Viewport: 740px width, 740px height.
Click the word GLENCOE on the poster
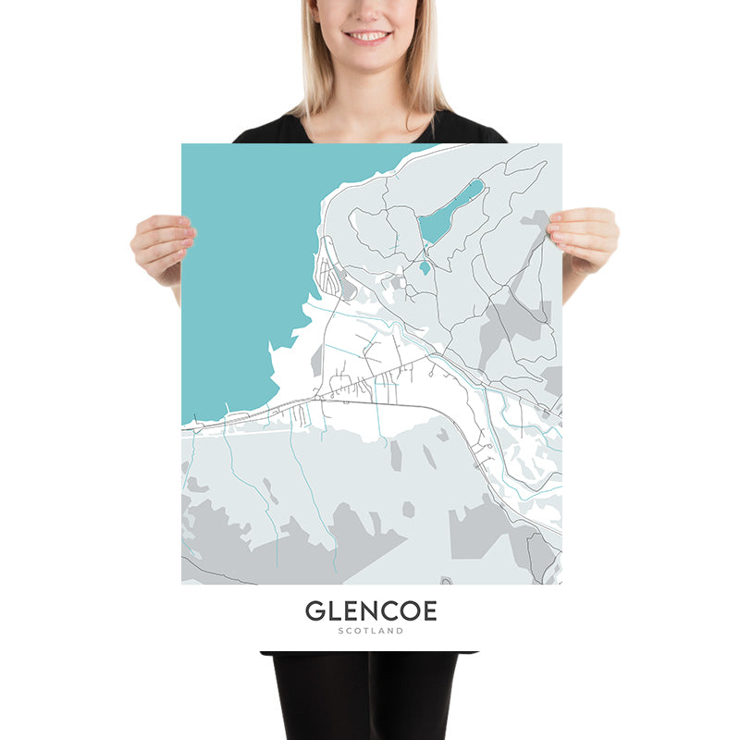[370, 611]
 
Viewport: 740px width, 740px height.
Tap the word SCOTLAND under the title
[370, 631]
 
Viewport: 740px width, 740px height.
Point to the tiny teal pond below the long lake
[425, 267]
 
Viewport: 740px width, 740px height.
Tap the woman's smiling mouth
[368, 36]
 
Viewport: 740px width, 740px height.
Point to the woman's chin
[368, 57]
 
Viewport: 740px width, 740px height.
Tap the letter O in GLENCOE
[404, 611]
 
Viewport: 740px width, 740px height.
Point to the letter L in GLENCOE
[333, 611]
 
